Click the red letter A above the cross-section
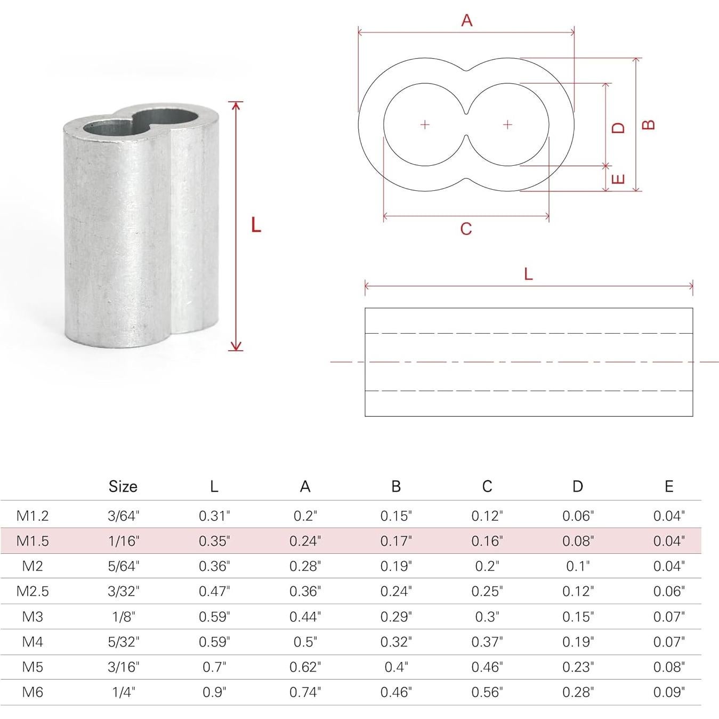pyautogui.click(x=466, y=20)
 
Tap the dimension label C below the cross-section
pyautogui.click(x=466, y=229)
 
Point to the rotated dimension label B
pyautogui.click(x=648, y=125)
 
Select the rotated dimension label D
pyautogui.click(x=618, y=128)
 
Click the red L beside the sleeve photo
pyautogui.click(x=256, y=225)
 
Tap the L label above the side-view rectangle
pyautogui.click(x=528, y=274)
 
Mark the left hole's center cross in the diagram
pyautogui.click(x=425, y=125)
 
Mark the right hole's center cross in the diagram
pyautogui.click(x=507, y=125)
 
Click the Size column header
pyautogui.click(x=123, y=487)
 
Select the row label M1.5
pyautogui.click(x=33, y=541)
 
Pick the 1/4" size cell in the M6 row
pyautogui.click(x=123, y=692)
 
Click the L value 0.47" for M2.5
pyautogui.click(x=214, y=591)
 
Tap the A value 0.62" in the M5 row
pyautogui.click(x=305, y=667)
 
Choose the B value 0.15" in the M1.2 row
pyautogui.click(x=396, y=516)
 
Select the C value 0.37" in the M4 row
pyautogui.click(x=487, y=642)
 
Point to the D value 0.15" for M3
pyautogui.click(x=578, y=617)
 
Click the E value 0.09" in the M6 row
pyautogui.click(x=669, y=692)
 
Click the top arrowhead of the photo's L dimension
pyautogui.click(x=236, y=105)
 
